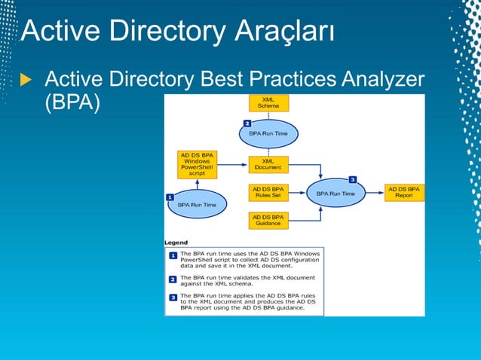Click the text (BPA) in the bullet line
pos(72,102)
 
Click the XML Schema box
pos(268,102)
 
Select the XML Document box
pos(268,164)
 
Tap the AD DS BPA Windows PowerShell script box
pos(197,164)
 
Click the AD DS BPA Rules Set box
pos(268,193)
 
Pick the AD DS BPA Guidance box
pos(268,220)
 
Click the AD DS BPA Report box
pos(405,193)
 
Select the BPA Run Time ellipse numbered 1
pos(197,204)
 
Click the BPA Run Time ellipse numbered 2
pos(268,133)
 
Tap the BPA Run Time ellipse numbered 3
pos(335,194)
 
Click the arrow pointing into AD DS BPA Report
pos(375,194)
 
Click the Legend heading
pos(176,243)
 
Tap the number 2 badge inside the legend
pos(173,279)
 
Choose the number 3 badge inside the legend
pos(173,298)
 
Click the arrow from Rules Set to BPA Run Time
pos(296,194)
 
